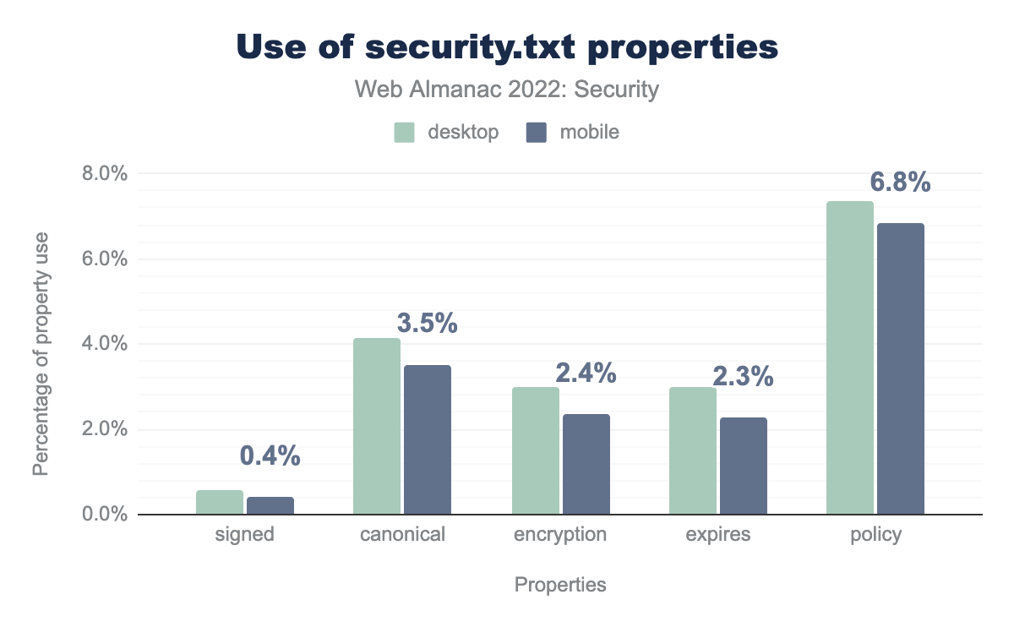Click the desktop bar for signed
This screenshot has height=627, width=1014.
click(220, 502)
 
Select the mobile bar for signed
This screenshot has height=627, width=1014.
click(270, 505)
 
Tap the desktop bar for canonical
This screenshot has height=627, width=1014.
click(377, 426)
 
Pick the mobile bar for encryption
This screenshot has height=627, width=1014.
click(586, 464)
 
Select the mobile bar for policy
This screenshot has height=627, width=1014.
click(901, 368)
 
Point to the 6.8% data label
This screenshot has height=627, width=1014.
click(901, 182)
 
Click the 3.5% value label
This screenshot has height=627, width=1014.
click(427, 323)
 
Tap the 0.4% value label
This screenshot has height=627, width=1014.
click(270, 455)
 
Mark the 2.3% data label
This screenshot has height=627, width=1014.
click(743, 376)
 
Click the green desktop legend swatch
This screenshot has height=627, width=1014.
click(405, 133)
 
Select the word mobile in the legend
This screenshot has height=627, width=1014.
click(589, 133)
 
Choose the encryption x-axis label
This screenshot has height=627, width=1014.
click(560, 535)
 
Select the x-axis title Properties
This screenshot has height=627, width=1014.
click(560, 585)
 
